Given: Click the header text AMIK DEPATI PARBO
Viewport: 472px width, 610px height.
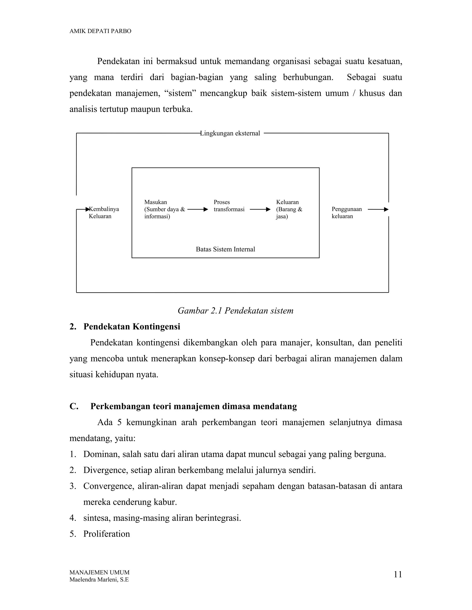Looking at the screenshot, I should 100,31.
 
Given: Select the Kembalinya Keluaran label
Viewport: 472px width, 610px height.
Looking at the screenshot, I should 103,212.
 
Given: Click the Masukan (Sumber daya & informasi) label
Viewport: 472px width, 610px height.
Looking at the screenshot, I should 164,209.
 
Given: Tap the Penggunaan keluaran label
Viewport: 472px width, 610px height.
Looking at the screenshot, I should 346,212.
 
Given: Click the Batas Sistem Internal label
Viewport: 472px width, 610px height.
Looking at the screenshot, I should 225,249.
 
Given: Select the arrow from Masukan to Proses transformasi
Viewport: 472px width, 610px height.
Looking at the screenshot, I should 198,209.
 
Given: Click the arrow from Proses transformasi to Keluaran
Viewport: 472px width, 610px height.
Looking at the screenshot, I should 260,209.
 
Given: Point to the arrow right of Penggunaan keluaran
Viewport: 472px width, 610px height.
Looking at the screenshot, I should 378,209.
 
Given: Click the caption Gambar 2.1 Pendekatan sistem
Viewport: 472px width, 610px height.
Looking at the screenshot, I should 236,311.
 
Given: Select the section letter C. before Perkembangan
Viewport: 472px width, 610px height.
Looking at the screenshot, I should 74,406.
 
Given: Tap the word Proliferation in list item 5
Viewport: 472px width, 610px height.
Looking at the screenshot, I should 106,534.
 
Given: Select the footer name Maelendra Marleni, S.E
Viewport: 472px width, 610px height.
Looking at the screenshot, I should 99,580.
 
